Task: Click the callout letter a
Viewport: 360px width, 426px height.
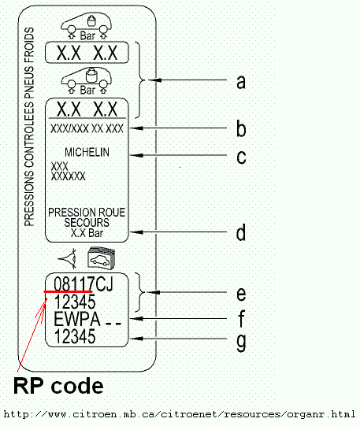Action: [242, 80]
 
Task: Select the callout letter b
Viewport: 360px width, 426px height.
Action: [242, 128]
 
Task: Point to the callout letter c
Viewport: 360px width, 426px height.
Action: [242, 155]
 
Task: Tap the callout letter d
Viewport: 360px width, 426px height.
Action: [242, 233]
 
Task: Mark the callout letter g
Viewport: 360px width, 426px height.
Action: [242, 343]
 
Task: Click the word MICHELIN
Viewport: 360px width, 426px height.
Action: [87, 151]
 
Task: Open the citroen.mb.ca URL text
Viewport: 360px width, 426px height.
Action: [180, 414]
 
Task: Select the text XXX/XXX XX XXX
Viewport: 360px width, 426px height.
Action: [87, 128]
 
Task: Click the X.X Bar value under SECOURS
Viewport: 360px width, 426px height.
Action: [87, 233]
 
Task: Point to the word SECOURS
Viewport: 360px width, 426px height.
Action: [87, 223]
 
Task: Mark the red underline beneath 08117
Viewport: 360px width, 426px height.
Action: [69, 291]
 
